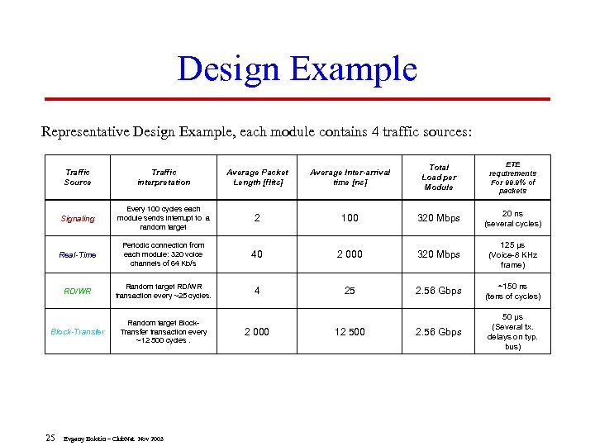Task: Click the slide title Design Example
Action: tap(297, 69)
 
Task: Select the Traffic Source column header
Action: tap(78, 177)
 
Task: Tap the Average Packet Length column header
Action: tap(257, 177)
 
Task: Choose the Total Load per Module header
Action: tap(439, 177)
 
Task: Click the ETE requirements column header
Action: tap(512, 177)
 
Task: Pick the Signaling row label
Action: tap(78, 219)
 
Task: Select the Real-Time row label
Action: tap(78, 254)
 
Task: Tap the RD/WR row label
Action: tap(78, 291)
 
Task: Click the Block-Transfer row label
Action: tap(78, 331)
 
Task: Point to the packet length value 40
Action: tap(257, 254)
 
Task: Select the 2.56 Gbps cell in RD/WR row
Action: tap(439, 291)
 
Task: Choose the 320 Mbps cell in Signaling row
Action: tap(439, 219)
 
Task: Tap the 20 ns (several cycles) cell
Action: tap(512, 219)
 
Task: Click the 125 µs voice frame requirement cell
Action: tap(512, 254)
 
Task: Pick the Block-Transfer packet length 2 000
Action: tap(257, 331)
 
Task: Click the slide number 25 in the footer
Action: tap(50, 437)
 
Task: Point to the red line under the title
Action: tap(297, 99)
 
